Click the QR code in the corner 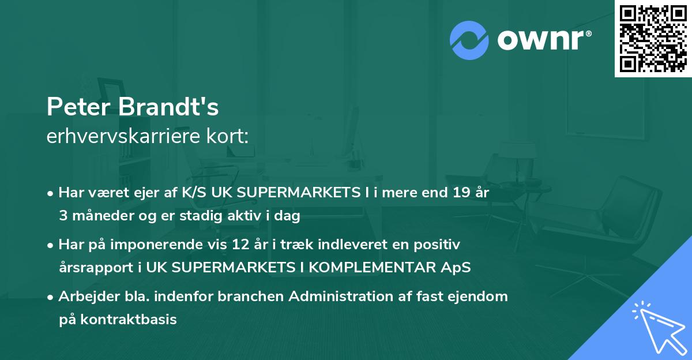653,39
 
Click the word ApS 458,268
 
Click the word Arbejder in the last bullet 83,297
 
